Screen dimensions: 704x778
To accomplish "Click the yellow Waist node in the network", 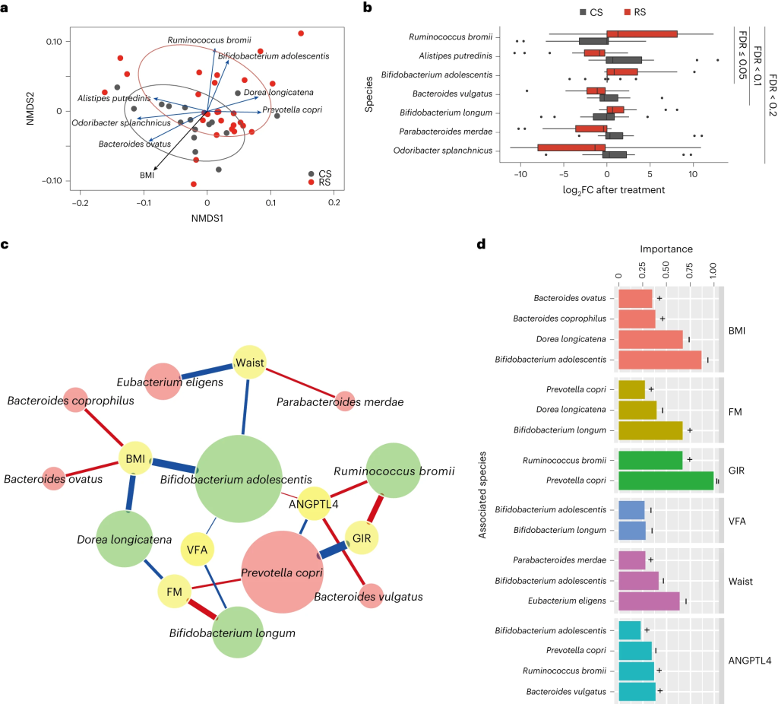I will click(250, 363).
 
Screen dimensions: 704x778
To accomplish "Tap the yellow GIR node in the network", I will click(362, 538).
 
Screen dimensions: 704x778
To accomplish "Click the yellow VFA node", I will click(198, 548).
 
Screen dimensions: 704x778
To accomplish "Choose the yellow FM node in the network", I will click(175, 591).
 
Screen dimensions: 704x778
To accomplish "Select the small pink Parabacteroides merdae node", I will click(344, 401).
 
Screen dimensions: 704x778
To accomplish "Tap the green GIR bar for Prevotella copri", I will click(666, 481).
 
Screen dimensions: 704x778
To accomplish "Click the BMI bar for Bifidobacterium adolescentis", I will click(660, 360).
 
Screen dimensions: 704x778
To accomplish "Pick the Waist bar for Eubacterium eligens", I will click(650, 601).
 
